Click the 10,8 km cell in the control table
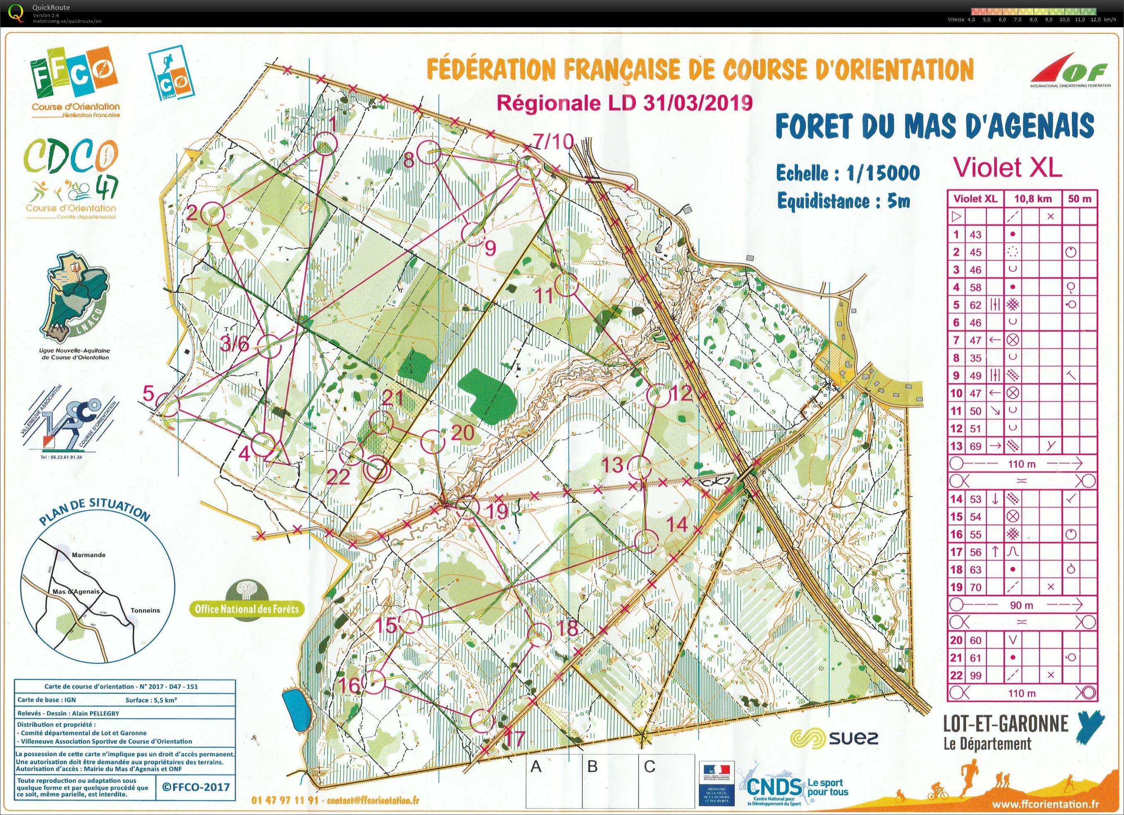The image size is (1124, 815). click(1032, 199)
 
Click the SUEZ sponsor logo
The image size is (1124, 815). click(834, 739)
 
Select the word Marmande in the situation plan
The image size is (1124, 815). click(89, 555)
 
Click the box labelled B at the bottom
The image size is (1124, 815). click(592, 767)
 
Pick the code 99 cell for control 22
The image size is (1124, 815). click(976, 675)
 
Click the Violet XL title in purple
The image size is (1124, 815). click(1007, 167)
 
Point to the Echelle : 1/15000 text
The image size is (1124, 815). click(847, 173)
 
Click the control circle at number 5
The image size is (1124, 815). click(169, 407)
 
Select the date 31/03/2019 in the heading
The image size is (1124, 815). click(698, 102)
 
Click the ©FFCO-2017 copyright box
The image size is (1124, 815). click(195, 787)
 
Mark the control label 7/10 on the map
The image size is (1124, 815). click(552, 142)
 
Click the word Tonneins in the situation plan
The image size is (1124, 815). click(146, 611)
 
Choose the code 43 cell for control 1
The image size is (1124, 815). click(976, 234)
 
